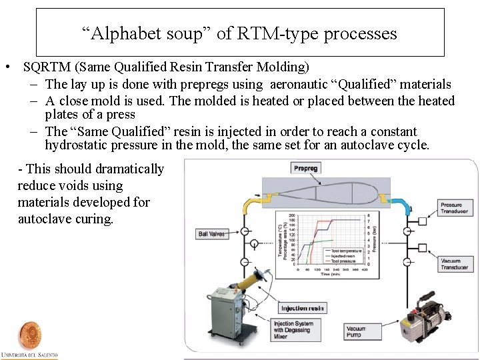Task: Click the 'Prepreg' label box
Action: pyautogui.click(x=306, y=168)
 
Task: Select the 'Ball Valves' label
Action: pyautogui.click(x=212, y=234)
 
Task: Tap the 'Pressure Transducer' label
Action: pyautogui.click(x=455, y=207)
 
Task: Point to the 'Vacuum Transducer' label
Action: pyautogui.click(x=454, y=264)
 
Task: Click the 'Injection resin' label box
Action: pyautogui.click(x=302, y=308)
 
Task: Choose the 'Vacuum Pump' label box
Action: pyautogui.click(x=356, y=331)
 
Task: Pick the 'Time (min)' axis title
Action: pyautogui.click(x=329, y=273)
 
